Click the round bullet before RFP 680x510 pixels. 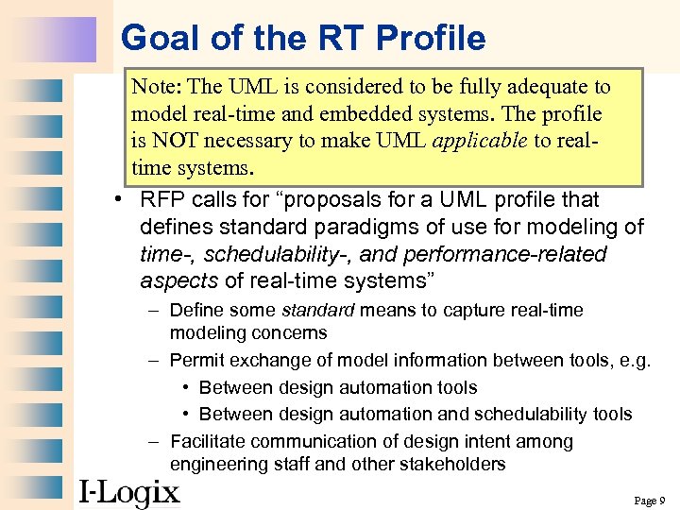click(111, 200)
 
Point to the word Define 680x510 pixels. click(196, 311)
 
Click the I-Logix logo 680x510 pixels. click(128, 491)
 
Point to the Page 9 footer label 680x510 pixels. click(650, 500)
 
